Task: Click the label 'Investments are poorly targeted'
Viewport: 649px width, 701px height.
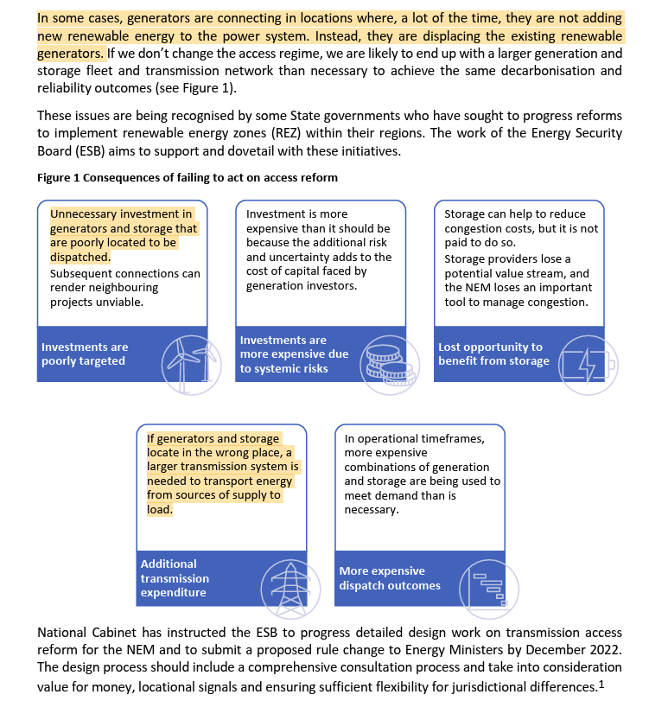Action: (x=85, y=354)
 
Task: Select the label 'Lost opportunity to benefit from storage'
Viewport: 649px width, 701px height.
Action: (x=493, y=354)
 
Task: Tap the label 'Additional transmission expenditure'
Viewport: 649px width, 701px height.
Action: (x=175, y=578)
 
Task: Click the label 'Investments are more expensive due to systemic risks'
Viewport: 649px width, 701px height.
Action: (x=294, y=354)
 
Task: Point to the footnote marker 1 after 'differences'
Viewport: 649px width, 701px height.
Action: (x=601, y=684)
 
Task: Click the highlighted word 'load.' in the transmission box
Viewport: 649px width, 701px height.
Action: (x=160, y=510)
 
